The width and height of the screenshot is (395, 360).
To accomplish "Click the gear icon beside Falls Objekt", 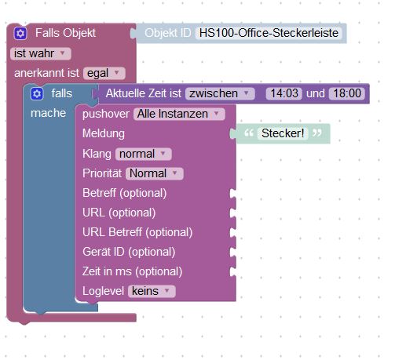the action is pos(20,34).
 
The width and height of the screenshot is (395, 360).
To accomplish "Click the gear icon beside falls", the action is pos(37,94).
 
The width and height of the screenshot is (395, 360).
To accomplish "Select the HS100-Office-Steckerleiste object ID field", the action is pos(269,33).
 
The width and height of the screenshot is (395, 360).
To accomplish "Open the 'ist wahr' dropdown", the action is pos(41,53).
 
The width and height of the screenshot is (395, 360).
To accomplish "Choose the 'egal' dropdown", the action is pos(104,73).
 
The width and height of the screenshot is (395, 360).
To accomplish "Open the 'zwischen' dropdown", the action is pos(220,93).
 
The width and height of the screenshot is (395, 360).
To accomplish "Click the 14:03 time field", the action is pos(284,93).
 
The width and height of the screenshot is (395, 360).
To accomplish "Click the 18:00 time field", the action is pos(347,93).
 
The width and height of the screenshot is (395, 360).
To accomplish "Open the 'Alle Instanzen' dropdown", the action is pos(179,114).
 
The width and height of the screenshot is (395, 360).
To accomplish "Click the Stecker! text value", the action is pos(283,133).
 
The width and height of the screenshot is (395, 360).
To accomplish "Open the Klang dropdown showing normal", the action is pos(144,154).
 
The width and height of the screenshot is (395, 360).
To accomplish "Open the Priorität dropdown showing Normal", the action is pos(155,173).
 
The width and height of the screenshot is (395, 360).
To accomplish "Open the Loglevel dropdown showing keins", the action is pos(152,291).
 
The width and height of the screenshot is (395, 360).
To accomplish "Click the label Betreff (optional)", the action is pos(125,193).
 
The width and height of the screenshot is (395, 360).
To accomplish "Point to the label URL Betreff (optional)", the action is pos(137,232).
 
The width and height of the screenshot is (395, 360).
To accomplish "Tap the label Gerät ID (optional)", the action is pos(129,252).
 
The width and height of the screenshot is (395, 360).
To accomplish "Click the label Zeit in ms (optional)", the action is pos(132,271).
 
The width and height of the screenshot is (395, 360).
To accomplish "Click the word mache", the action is pos(48,113).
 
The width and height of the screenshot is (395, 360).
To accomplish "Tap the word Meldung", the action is pos(104,133).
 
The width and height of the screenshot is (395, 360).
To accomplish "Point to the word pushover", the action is pos(106,115).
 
